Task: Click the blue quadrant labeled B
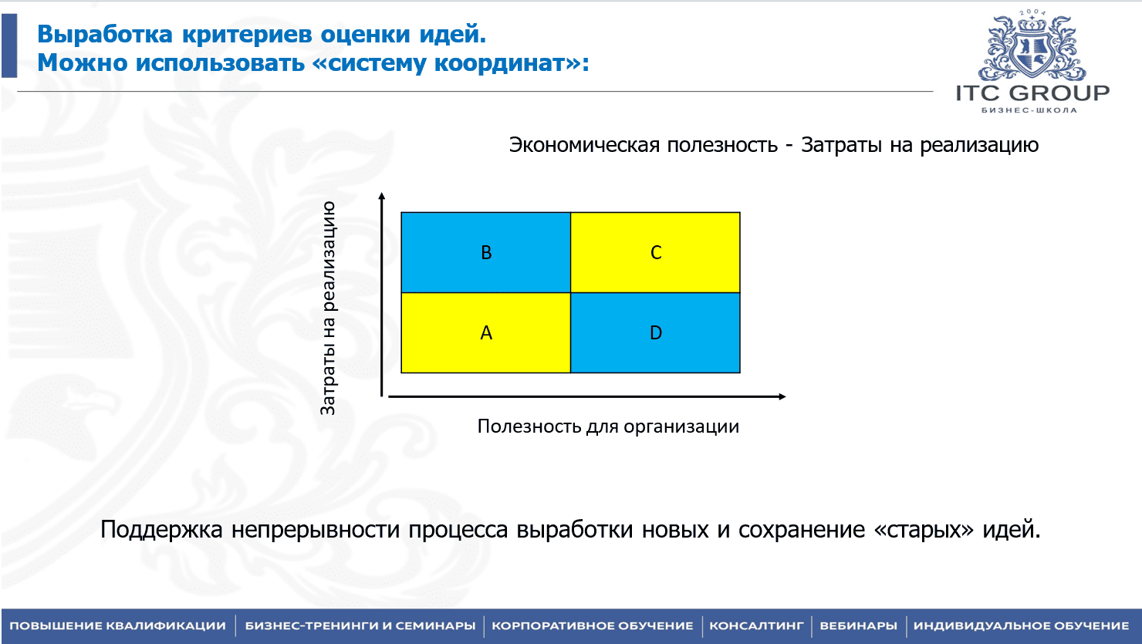tap(486, 252)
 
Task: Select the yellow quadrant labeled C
tap(655, 252)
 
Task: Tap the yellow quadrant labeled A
tap(486, 332)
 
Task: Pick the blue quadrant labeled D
tap(655, 332)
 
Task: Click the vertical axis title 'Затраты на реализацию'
tap(328, 309)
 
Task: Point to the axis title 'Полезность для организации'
tap(608, 427)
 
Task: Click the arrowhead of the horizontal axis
tap(782, 396)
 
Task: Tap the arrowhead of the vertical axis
tap(382, 196)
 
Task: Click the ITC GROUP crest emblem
tap(1032, 47)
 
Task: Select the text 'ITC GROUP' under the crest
tap(1032, 93)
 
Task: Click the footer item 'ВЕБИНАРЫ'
tap(858, 625)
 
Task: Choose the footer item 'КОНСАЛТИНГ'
tap(756, 625)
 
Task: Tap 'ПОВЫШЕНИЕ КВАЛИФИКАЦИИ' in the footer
tap(118, 625)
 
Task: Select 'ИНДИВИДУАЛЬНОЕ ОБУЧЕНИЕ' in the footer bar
tap(1021, 625)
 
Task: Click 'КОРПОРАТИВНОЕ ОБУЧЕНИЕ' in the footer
tap(593, 625)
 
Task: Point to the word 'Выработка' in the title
tap(105, 35)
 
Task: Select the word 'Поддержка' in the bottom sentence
tap(161, 529)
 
